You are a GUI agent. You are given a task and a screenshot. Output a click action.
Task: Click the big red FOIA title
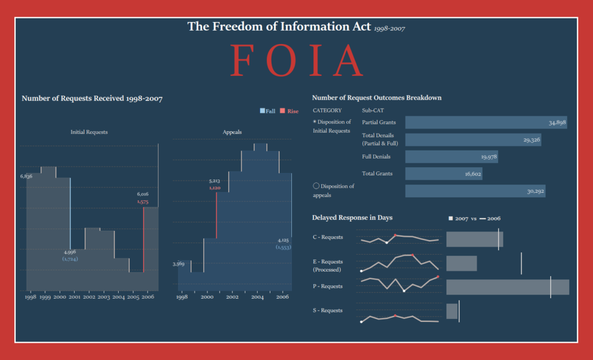(296, 61)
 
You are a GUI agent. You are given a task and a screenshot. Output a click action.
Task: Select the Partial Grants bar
(486, 122)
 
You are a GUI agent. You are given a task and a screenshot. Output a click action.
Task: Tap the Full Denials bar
(451, 157)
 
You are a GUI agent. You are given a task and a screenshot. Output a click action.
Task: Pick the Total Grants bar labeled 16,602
(444, 174)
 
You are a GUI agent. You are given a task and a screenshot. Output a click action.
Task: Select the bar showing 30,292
(475, 191)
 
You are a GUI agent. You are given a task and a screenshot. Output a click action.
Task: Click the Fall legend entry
(268, 111)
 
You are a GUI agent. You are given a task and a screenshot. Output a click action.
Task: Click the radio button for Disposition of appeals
(316, 186)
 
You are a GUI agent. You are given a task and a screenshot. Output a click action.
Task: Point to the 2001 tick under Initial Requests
(74, 297)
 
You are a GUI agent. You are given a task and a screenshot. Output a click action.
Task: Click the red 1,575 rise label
(143, 202)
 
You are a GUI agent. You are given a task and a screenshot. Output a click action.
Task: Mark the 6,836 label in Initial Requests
(26, 176)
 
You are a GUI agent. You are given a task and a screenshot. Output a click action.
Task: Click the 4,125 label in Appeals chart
(283, 240)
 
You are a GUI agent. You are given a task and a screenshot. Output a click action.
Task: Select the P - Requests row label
(328, 286)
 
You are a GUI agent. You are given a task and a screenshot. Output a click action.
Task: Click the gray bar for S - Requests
(452, 311)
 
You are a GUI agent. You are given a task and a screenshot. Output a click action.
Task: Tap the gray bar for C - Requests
(474, 239)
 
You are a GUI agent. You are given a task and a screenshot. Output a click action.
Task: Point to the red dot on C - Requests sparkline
(396, 235)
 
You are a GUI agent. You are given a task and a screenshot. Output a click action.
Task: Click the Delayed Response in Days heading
(352, 218)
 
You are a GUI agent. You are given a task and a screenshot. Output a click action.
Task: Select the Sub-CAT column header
(373, 110)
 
